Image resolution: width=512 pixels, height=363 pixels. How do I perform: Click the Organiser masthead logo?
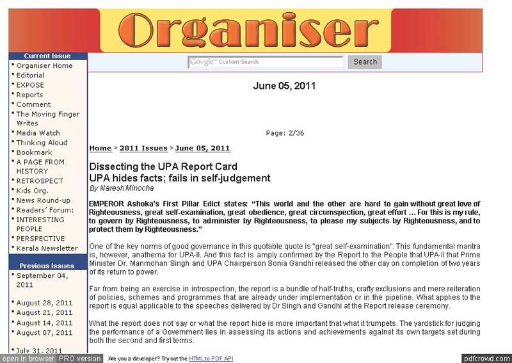point(245,30)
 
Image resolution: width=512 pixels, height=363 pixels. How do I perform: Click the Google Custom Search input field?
point(266,62)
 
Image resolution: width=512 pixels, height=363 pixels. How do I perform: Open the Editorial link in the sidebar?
point(30,76)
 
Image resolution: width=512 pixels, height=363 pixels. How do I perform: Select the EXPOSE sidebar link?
point(30,85)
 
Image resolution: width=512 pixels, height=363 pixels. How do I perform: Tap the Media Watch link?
point(38,133)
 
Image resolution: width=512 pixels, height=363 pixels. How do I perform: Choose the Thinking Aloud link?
point(42,143)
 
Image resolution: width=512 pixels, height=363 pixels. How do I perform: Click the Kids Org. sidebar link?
point(32,191)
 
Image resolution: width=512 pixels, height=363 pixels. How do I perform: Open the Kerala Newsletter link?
point(47,248)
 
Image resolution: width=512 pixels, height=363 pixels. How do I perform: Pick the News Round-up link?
point(43,200)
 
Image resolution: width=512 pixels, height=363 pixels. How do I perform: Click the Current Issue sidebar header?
point(47,56)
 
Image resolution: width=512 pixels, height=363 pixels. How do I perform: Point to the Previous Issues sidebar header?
point(47,266)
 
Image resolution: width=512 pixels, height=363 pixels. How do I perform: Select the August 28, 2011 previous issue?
point(44,303)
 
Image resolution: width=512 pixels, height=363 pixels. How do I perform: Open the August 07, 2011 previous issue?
point(44,333)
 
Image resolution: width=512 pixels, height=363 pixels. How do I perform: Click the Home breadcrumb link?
point(100,149)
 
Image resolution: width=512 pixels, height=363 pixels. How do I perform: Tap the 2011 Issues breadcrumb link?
point(143,149)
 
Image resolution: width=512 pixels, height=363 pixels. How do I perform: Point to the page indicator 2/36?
point(285,133)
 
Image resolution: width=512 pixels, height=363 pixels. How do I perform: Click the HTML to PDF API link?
point(211,359)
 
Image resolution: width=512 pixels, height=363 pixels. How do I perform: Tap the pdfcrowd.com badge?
point(486,359)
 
